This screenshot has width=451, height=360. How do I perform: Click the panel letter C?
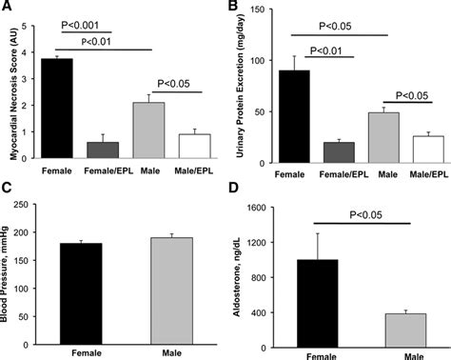click(7, 187)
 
